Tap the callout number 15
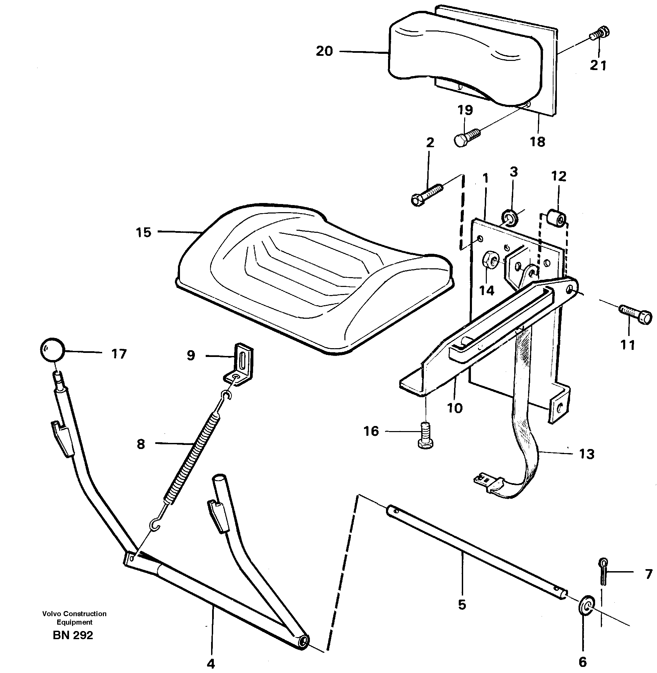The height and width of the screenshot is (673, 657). tap(143, 232)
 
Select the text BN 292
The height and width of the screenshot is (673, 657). tap(73, 635)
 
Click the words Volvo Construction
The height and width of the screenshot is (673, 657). tap(74, 614)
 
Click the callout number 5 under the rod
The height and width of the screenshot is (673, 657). tap(462, 605)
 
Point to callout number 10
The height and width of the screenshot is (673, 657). tap(454, 408)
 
